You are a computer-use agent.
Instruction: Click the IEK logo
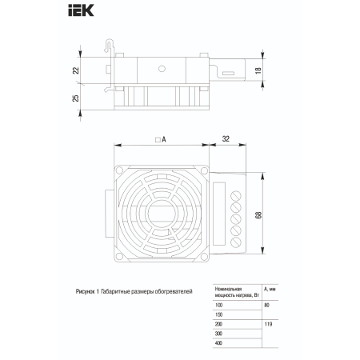(81, 10)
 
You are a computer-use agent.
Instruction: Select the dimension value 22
(76, 70)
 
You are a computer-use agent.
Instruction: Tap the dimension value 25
(76, 98)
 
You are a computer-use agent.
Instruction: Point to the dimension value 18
(258, 70)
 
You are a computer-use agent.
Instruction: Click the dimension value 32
(226, 139)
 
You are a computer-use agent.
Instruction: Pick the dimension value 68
(258, 215)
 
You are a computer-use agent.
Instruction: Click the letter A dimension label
(164, 139)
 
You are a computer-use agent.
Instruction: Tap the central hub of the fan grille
(162, 214)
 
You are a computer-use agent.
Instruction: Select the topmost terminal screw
(236, 196)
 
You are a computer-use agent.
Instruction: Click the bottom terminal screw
(236, 242)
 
